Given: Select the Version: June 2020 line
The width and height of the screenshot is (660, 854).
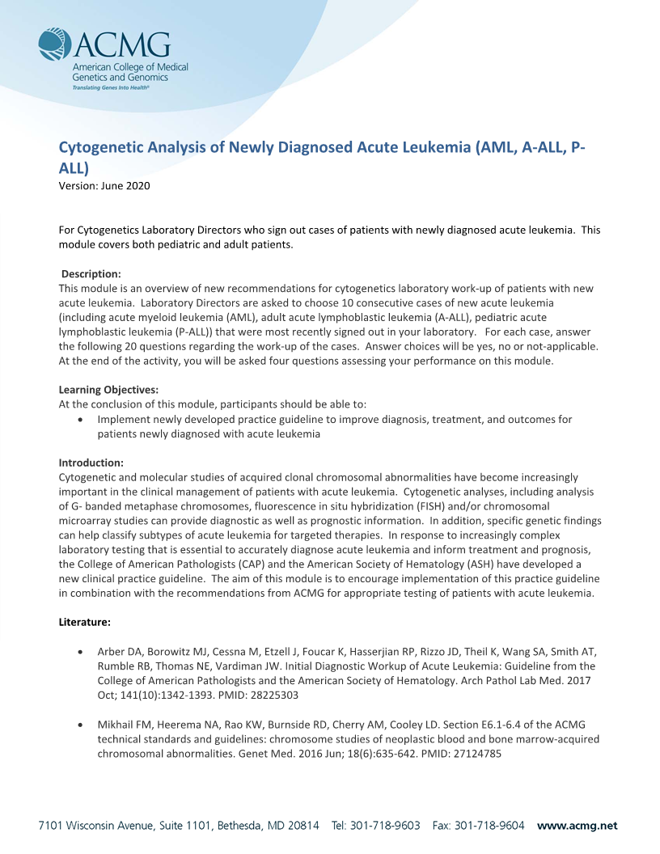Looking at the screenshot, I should pos(104,186).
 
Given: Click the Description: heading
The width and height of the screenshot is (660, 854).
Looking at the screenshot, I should pos(91,274).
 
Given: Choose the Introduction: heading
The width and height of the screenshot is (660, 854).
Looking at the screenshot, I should pos(91,463).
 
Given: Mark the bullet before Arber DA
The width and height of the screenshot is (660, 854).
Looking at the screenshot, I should pos(79,652).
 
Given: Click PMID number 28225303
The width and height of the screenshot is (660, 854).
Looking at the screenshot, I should pos(273,695).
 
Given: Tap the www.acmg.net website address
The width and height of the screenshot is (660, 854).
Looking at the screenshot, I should pos(577,826).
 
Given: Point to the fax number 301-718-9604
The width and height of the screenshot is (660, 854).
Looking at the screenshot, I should pos(489,826).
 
